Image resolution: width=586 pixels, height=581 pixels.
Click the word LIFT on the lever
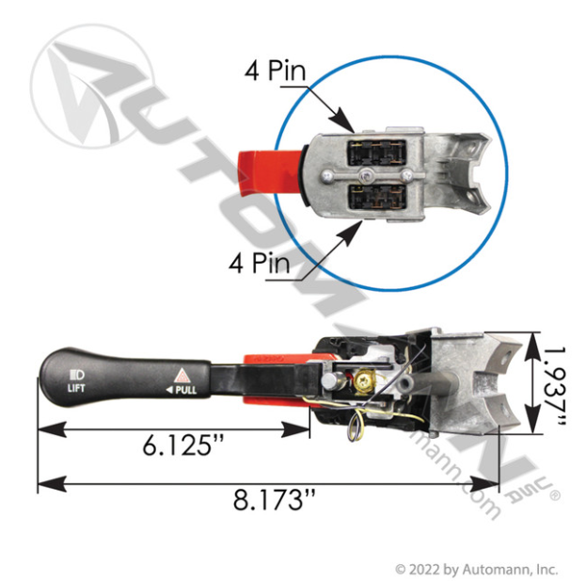click(76, 386)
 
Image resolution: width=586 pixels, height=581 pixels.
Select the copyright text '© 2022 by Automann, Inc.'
click(476, 569)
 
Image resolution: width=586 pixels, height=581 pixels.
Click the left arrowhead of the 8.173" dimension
click(43, 486)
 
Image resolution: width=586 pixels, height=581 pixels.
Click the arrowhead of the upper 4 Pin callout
click(349, 126)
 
